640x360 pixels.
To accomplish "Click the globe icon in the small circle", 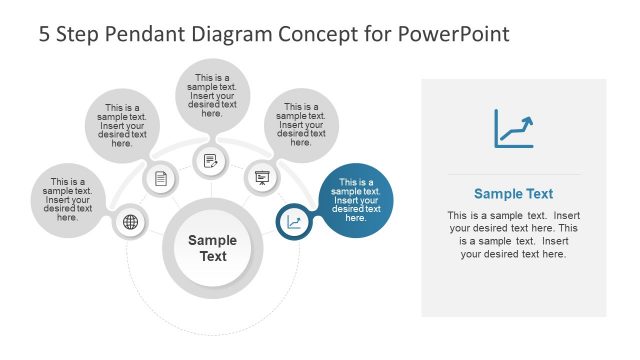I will pyautogui.click(x=129, y=222).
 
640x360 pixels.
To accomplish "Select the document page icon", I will pyautogui.click(x=160, y=179).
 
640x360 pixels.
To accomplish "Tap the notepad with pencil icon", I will pyautogui.click(x=210, y=160).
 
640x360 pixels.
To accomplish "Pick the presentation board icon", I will pyautogui.click(x=261, y=178).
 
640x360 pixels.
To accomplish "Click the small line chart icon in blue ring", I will pyautogui.click(x=293, y=222).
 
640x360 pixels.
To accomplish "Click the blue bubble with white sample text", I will pyautogui.click(x=356, y=200).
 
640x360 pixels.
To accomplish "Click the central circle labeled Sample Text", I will pyautogui.click(x=213, y=248).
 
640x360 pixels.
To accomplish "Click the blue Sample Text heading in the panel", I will pyautogui.click(x=513, y=194).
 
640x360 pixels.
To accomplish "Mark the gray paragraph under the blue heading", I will pyautogui.click(x=513, y=235).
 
